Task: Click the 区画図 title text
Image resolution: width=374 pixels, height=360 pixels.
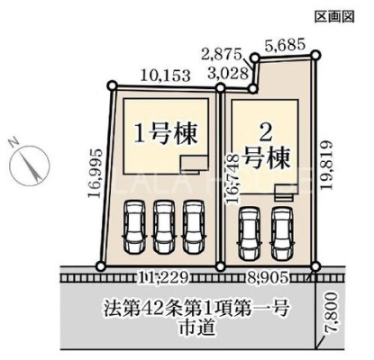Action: click(334, 16)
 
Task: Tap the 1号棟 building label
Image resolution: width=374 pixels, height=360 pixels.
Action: click(166, 134)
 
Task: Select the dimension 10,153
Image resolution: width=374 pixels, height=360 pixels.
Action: click(166, 76)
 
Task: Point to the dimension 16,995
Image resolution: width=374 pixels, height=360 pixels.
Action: click(96, 173)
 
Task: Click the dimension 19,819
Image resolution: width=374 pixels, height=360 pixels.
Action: click(326, 165)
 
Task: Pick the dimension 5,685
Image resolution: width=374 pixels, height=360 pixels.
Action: click(285, 45)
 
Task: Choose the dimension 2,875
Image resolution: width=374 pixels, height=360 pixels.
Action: click(222, 55)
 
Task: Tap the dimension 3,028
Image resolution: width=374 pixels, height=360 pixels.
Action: click(230, 74)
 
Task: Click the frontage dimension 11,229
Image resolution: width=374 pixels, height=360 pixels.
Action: click(163, 278)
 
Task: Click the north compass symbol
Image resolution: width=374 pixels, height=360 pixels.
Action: click(29, 161)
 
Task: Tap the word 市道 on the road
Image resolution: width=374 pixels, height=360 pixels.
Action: click(197, 327)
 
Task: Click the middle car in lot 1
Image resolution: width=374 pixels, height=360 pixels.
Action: click(164, 227)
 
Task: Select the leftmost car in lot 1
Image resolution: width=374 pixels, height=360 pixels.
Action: click(134, 227)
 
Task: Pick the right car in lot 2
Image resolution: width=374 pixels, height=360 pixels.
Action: click(282, 233)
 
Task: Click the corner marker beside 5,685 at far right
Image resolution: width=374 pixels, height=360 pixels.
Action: click(315, 55)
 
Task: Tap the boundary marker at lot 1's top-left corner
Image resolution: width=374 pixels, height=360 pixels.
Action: click(112, 85)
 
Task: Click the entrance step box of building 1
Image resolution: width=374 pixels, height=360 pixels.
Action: click(194, 165)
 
